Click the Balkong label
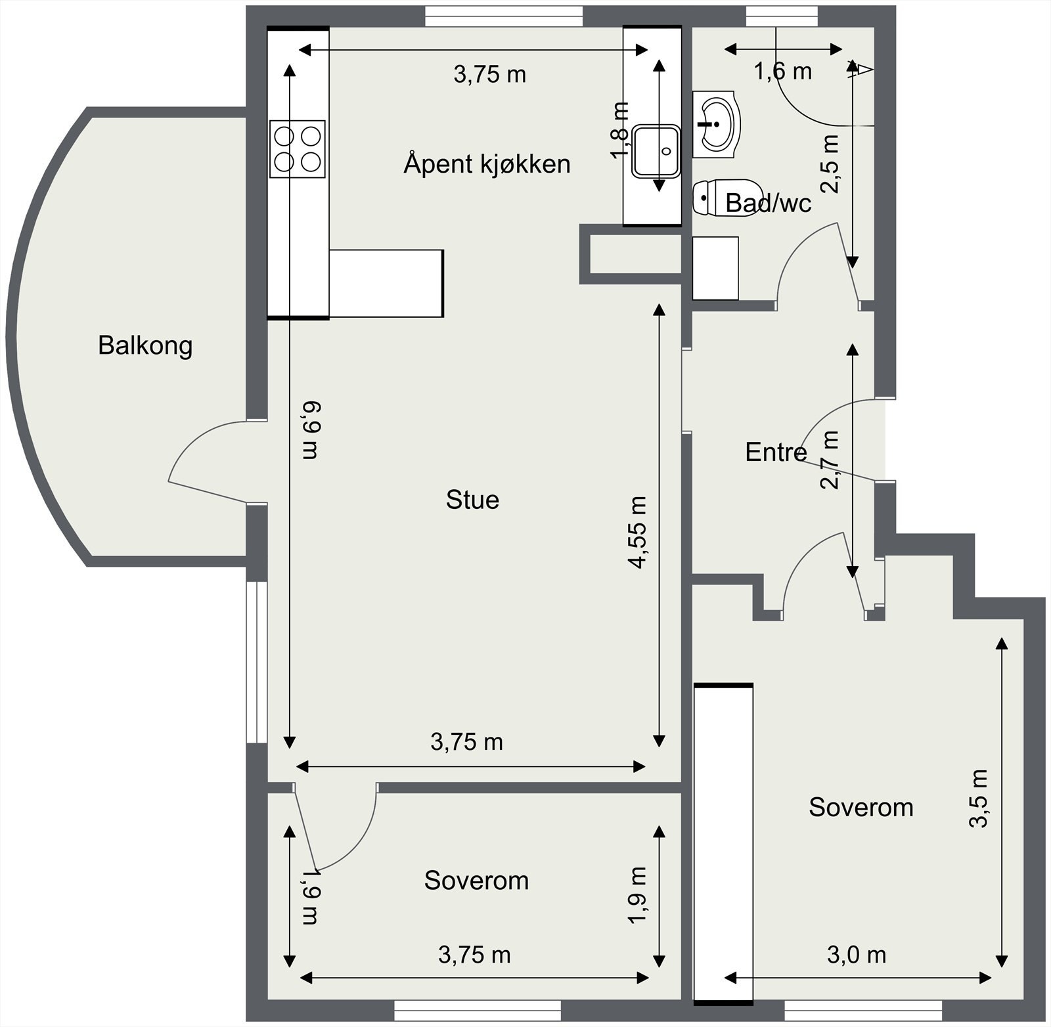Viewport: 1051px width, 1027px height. pyautogui.click(x=145, y=345)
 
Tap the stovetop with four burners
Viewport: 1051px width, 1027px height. pyautogui.click(x=298, y=148)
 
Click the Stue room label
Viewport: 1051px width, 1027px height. pyautogui.click(x=472, y=500)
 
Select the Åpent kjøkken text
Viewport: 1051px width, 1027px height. pyautogui.click(x=487, y=164)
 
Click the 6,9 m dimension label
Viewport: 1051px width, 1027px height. pyautogui.click(x=311, y=430)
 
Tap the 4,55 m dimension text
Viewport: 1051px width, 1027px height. pyautogui.click(x=637, y=532)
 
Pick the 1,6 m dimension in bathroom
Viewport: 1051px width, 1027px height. pyautogui.click(x=782, y=71)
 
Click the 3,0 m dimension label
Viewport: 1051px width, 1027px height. pyautogui.click(x=856, y=955)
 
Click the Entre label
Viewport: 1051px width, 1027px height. pyautogui.click(x=775, y=452)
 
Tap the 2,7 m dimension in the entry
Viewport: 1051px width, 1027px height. pyautogui.click(x=830, y=460)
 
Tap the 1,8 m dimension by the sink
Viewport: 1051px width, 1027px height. pyautogui.click(x=619, y=130)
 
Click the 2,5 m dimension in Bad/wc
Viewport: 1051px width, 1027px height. pyautogui.click(x=831, y=164)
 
